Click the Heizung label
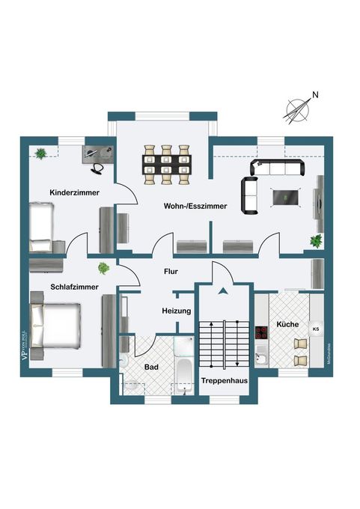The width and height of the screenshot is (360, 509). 177,310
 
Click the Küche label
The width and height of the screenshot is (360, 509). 287,325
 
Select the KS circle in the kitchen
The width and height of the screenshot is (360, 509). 316,328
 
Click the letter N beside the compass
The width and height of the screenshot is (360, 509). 315,95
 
